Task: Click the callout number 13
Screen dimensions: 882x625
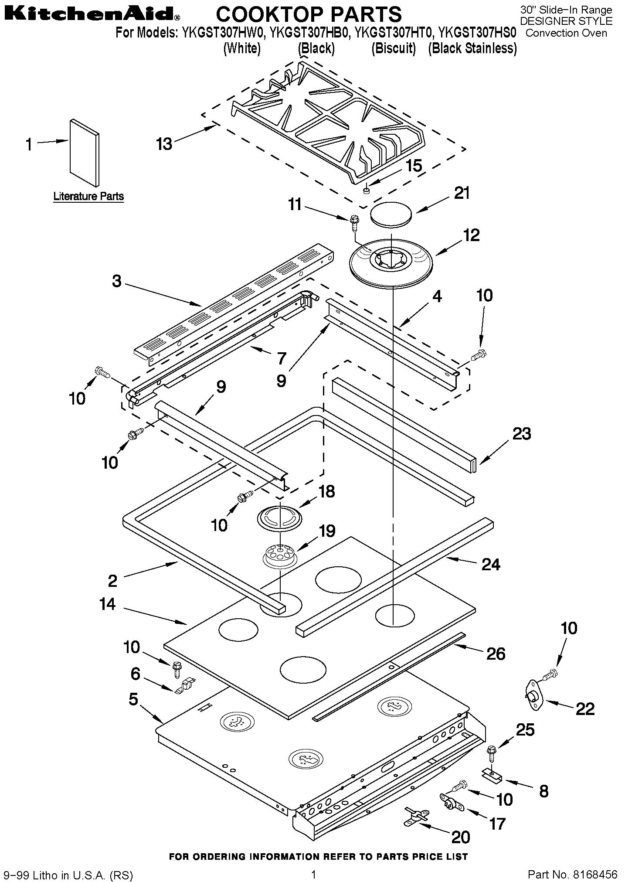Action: [x=164, y=143]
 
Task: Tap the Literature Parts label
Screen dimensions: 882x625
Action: [x=88, y=196]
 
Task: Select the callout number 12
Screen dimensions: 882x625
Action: [x=471, y=235]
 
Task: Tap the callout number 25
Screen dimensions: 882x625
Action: [x=525, y=729]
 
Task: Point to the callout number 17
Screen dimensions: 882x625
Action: [x=497, y=824]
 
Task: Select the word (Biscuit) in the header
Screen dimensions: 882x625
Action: [x=394, y=48]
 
